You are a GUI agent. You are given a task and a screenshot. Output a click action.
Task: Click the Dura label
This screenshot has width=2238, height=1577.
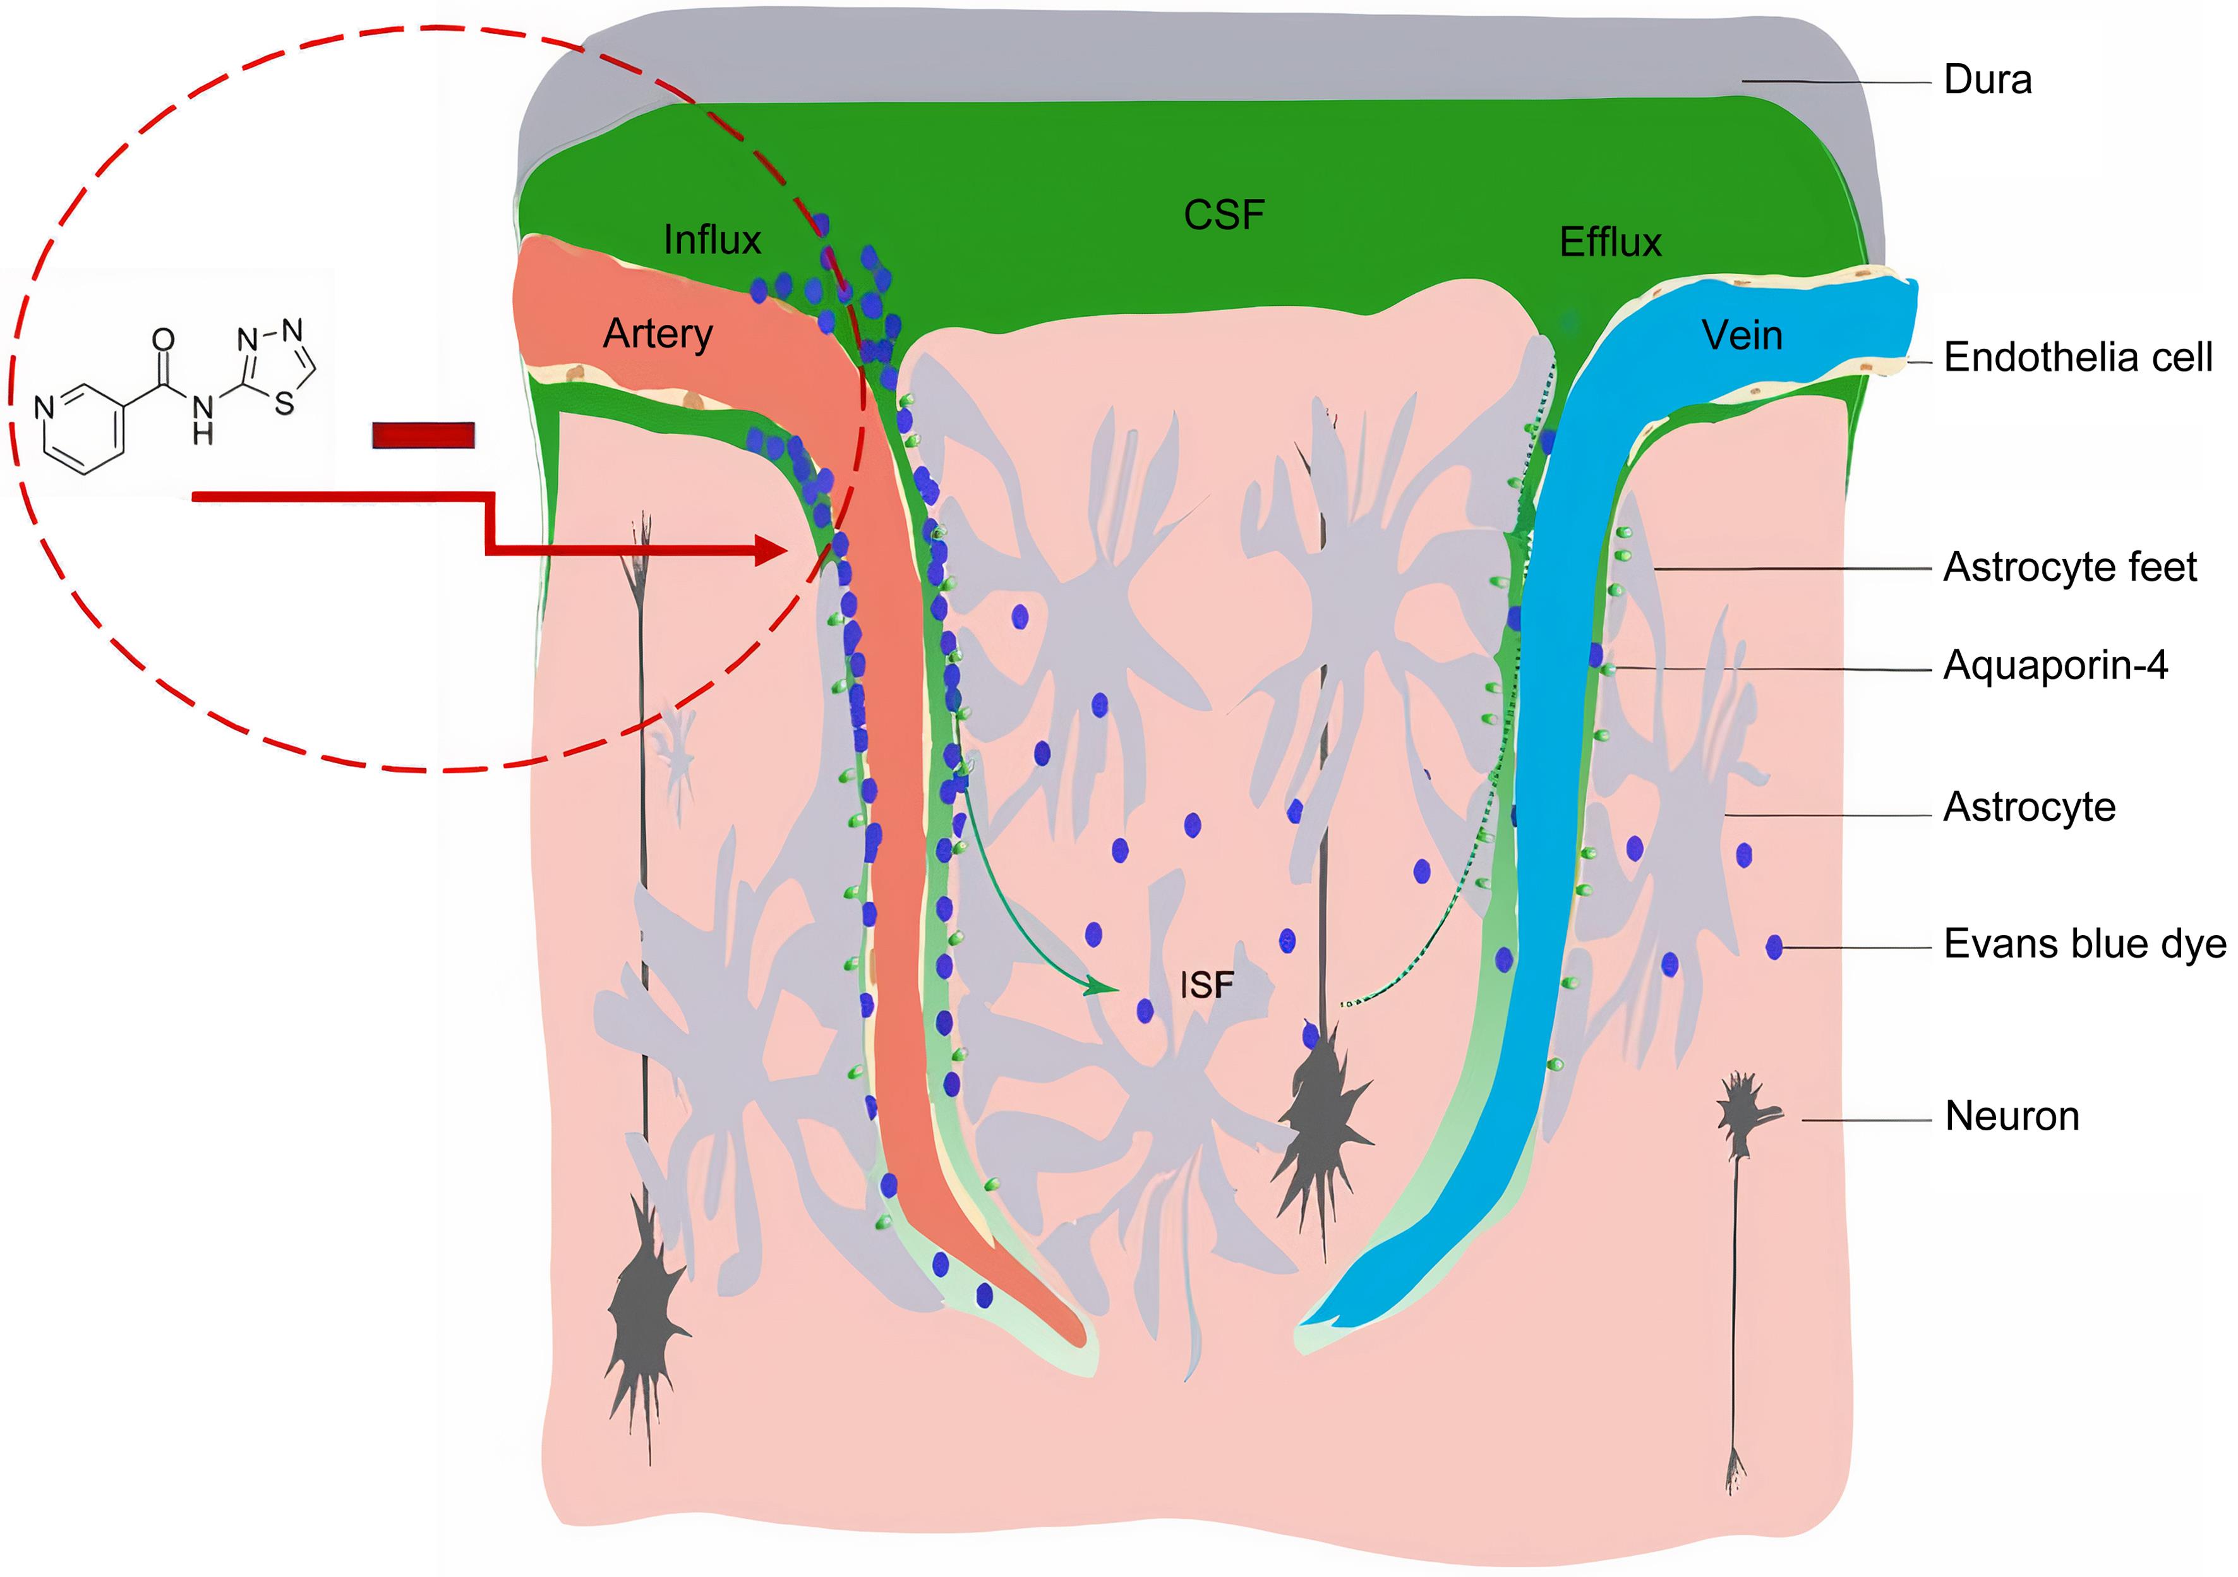coord(1987,80)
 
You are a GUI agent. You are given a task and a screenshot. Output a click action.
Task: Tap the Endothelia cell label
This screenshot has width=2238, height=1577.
coord(2077,358)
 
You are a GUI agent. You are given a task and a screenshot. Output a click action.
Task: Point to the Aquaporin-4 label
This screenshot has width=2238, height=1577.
coord(2055,666)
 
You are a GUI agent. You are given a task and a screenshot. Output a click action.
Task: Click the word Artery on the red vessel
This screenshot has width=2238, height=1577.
coord(658,334)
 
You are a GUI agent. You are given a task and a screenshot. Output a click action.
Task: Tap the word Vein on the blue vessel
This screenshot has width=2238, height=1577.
coord(1742,336)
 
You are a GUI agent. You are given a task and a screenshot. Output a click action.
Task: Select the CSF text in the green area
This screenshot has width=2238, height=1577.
coord(1224,215)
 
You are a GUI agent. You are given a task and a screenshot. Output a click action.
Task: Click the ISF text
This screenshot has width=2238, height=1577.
coord(1206,986)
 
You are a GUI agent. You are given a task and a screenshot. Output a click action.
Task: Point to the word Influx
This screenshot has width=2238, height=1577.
coord(711,239)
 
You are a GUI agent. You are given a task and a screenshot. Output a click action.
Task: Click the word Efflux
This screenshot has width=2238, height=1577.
coord(1610,243)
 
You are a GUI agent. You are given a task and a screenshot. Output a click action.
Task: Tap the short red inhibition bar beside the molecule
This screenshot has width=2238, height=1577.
coord(423,435)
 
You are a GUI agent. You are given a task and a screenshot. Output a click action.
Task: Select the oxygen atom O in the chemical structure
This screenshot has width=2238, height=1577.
coord(163,339)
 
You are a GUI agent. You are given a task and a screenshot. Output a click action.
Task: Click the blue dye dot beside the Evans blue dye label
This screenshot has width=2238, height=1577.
coord(1774,946)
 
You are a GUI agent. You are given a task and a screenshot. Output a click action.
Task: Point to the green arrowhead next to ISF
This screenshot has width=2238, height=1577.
coord(1104,988)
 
